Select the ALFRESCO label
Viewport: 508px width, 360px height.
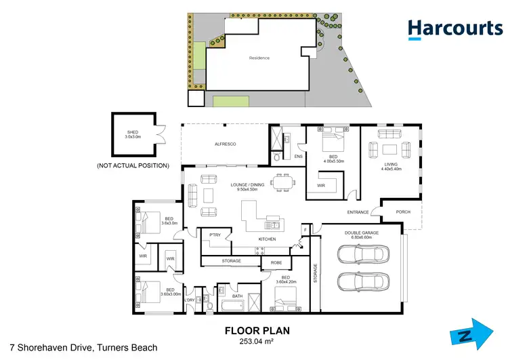[x=225, y=144]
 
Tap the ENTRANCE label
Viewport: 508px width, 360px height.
[x=358, y=212]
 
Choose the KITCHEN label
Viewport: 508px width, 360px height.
[x=268, y=239]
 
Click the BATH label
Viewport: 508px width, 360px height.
[x=237, y=296]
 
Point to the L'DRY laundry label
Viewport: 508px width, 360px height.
[x=190, y=300]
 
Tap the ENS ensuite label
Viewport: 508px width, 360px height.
[x=298, y=157]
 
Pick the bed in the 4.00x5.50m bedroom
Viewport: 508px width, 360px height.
[x=332, y=143]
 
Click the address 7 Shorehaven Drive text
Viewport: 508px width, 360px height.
[x=79, y=348]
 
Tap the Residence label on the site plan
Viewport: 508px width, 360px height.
[x=259, y=58]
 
